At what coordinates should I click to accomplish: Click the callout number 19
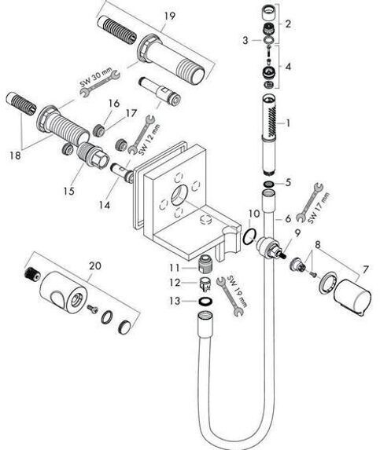coord(170,16)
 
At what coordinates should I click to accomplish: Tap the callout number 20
coord(95,265)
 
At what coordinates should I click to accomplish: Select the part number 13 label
coord(175,301)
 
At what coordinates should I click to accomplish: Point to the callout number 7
coord(365,269)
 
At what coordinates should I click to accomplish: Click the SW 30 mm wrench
coord(100,83)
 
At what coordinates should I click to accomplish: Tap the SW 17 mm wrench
coord(309,203)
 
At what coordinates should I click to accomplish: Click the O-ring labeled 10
coord(249,236)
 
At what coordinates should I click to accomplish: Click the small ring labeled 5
coord(269,184)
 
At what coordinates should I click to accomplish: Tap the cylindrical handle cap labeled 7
coord(352,295)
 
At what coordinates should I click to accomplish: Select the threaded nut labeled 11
coord(205,262)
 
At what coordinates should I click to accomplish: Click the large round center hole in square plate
coord(180,196)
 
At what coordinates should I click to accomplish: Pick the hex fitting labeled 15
coord(94,155)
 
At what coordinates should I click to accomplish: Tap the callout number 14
coord(105,205)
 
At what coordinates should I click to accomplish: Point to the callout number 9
coord(297,232)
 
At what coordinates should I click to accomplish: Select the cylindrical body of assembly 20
coord(63,292)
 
